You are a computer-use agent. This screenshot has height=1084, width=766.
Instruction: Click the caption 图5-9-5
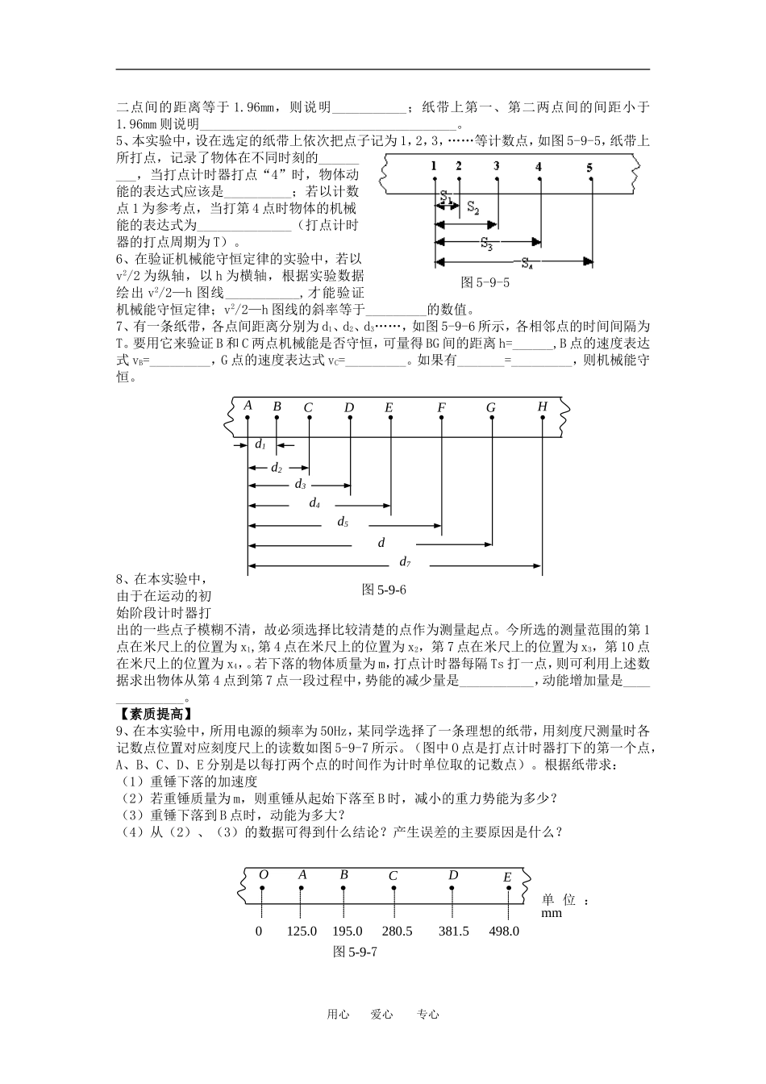484,283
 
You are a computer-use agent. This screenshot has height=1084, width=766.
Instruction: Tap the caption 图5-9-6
384,590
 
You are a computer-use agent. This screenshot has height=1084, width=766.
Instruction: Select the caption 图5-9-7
356,952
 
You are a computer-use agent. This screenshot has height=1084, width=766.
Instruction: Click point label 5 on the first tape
589,167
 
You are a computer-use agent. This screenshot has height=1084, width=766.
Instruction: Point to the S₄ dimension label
527,262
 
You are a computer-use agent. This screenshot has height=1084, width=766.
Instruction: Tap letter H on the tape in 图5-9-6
543,406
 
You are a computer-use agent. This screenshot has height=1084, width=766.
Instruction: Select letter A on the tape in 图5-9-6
248,406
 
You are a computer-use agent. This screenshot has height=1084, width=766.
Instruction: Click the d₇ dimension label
406,561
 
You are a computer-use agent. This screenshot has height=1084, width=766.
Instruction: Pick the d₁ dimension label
260,444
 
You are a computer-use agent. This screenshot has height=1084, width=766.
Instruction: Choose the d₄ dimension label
314,503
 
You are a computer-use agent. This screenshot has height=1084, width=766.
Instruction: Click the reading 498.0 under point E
504,931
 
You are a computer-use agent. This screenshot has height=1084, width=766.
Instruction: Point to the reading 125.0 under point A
302,931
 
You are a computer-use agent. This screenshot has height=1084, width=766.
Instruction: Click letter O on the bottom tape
263,875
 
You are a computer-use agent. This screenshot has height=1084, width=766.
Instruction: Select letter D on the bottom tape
453,876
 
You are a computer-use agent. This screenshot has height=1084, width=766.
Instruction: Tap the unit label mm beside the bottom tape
552,913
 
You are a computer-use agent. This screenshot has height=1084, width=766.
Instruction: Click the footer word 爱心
381,1015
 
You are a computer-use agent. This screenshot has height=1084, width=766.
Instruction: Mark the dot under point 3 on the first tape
497,179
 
